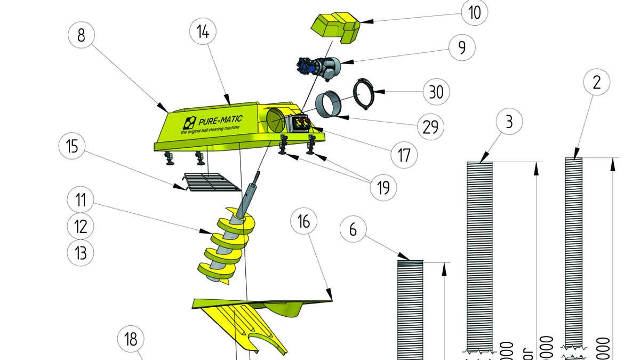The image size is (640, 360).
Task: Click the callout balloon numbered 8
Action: click(x=81, y=36)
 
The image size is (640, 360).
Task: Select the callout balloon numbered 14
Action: click(x=203, y=31)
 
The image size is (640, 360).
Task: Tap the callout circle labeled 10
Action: click(x=474, y=13)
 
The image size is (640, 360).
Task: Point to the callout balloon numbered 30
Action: click(x=436, y=91)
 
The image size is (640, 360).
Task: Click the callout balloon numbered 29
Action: click(x=430, y=126)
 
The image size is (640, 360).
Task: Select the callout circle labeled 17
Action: click(x=404, y=155)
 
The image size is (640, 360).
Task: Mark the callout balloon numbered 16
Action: click(x=303, y=221)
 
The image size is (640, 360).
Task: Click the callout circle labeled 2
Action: click(x=597, y=82)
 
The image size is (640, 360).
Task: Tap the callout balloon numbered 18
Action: click(x=131, y=339)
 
